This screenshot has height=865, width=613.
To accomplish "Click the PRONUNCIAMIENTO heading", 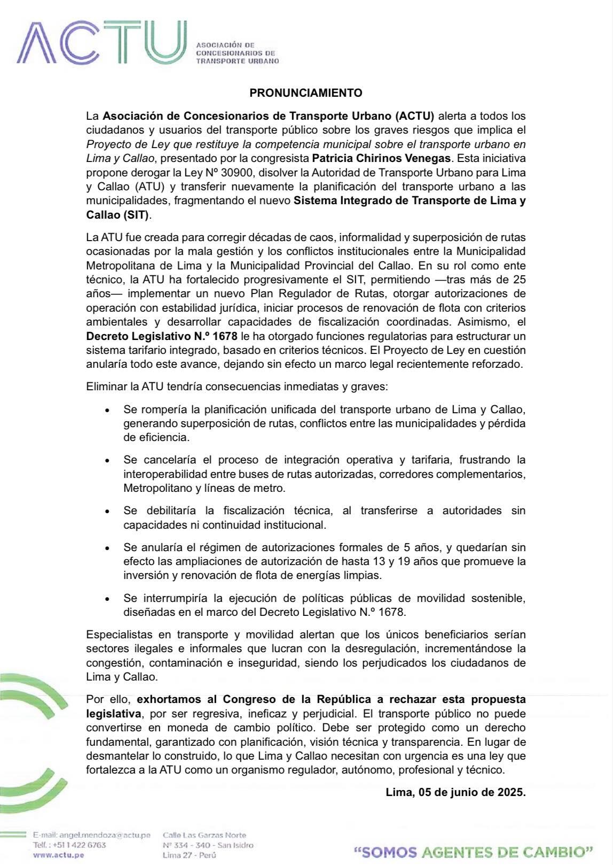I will click(306, 93).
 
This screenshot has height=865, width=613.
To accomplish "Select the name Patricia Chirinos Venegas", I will click(381, 158).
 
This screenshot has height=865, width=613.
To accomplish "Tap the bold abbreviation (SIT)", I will click(136, 215).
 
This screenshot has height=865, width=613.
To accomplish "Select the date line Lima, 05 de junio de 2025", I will click(455, 792).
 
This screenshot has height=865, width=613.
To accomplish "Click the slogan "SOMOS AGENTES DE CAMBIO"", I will click(474, 852).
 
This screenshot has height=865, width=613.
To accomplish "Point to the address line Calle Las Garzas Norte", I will click(205, 835).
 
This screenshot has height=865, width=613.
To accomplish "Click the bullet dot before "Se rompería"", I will click(108, 411).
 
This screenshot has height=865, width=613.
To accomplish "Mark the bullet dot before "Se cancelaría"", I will click(108, 460).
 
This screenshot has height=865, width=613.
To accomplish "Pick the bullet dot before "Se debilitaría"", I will click(108, 511).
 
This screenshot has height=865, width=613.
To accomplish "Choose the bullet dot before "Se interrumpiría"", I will click(108, 598).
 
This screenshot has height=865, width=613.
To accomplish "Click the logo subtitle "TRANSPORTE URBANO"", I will click(238, 61).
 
